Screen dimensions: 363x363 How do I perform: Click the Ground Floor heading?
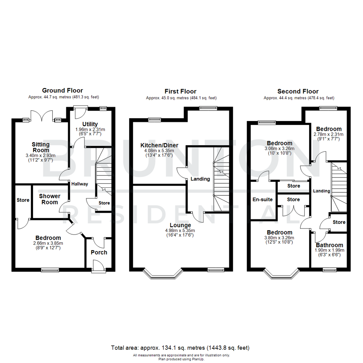(x=62, y=90)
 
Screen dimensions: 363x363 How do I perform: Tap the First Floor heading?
(x=180, y=91)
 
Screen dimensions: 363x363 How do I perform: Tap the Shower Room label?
(x=50, y=199)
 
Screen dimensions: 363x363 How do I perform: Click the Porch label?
(x=99, y=252)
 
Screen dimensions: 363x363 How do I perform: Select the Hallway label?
(x=80, y=184)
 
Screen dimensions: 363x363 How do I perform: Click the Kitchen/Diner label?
(x=159, y=146)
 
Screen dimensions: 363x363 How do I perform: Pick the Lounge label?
(x=180, y=225)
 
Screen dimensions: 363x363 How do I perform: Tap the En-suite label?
(x=263, y=199)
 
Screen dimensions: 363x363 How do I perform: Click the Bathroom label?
(x=329, y=245)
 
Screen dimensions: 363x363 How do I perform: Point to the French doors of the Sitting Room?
(x=42, y=116)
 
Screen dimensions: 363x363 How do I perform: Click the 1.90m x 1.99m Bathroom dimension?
(x=329, y=251)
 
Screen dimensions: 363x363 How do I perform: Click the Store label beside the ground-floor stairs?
(x=104, y=203)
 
